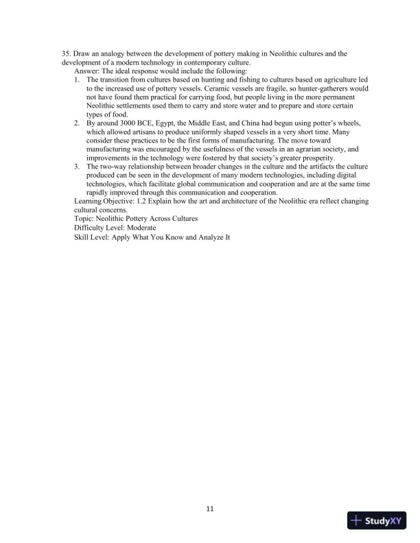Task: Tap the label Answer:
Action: click(90, 71)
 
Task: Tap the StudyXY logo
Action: click(378, 521)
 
